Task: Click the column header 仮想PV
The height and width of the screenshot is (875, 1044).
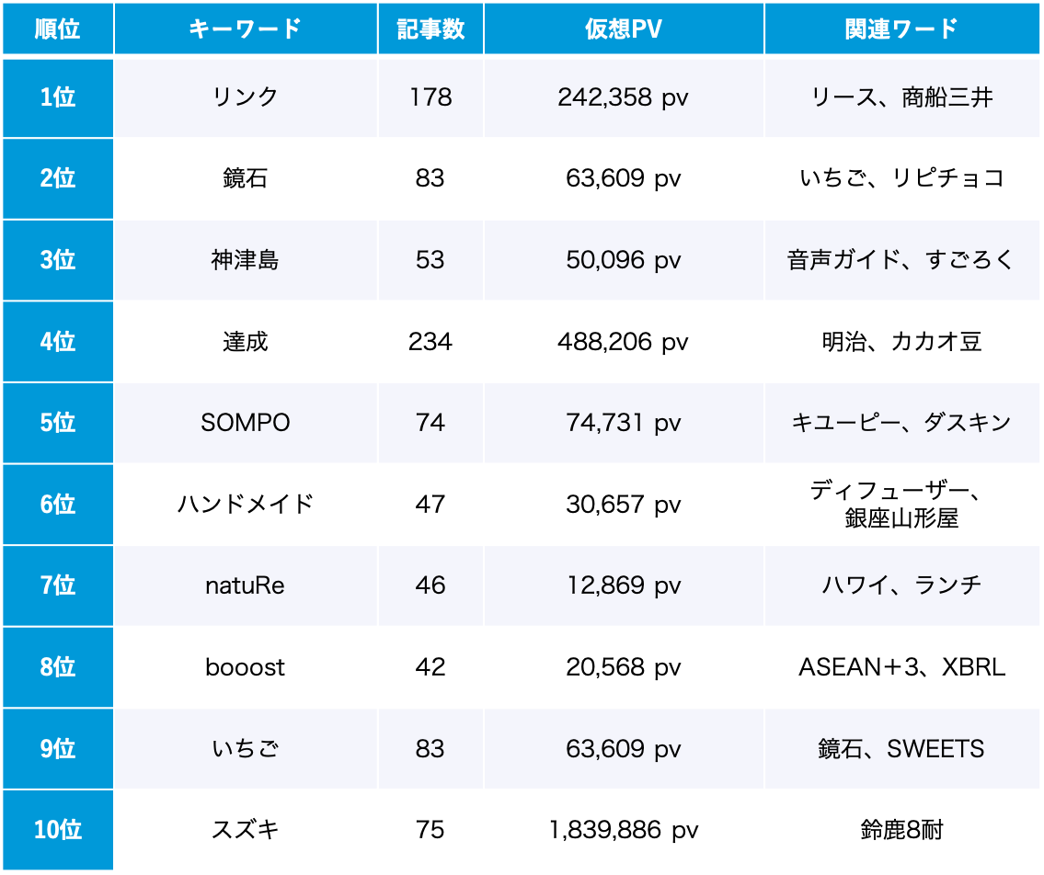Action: pyautogui.click(x=623, y=28)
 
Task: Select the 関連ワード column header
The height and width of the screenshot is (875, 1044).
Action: pyautogui.click(x=901, y=28)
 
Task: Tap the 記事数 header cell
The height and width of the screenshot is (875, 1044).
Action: pyautogui.click(x=430, y=28)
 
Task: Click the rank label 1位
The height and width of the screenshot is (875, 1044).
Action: pyautogui.click(x=58, y=97)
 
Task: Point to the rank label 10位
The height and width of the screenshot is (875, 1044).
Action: pyautogui.click(x=58, y=830)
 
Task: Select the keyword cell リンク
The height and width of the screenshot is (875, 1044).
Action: pyautogui.click(x=246, y=97)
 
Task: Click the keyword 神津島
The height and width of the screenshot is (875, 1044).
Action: pyautogui.click(x=246, y=260)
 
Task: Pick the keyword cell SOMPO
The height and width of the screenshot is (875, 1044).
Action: pyautogui.click(x=246, y=423)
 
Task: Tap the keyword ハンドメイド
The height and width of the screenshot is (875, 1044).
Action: pyautogui.click(x=246, y=504)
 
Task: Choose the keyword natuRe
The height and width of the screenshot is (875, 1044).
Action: pyautogui.click(x=246, y=585)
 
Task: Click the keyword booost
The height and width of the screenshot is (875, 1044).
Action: pyautogui.click(x=246, y=666)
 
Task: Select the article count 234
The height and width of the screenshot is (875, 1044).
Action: pyautogui.click(x=430, y=342)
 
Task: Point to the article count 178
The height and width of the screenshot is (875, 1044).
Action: pyautogui.click(x=430, y=97)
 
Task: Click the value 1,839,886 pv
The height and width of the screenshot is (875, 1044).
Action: pyautogui.click(x=623, y=830)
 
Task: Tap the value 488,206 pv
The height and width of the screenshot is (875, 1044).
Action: pyautogui.click(x=623, y=342)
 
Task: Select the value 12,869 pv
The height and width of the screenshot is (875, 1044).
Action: pyautogui.click(x=623, y=585)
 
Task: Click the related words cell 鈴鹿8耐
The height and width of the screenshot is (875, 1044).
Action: pyautogui.click(x=901, y=830)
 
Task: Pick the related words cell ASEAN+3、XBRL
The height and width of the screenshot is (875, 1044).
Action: pyautogui.click(x=901, y=666)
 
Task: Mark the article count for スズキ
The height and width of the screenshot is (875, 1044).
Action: pyautogui.click(x=430, y=830)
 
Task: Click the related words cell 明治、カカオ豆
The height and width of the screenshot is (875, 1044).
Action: pyautogui.click(x=901, y=342)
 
